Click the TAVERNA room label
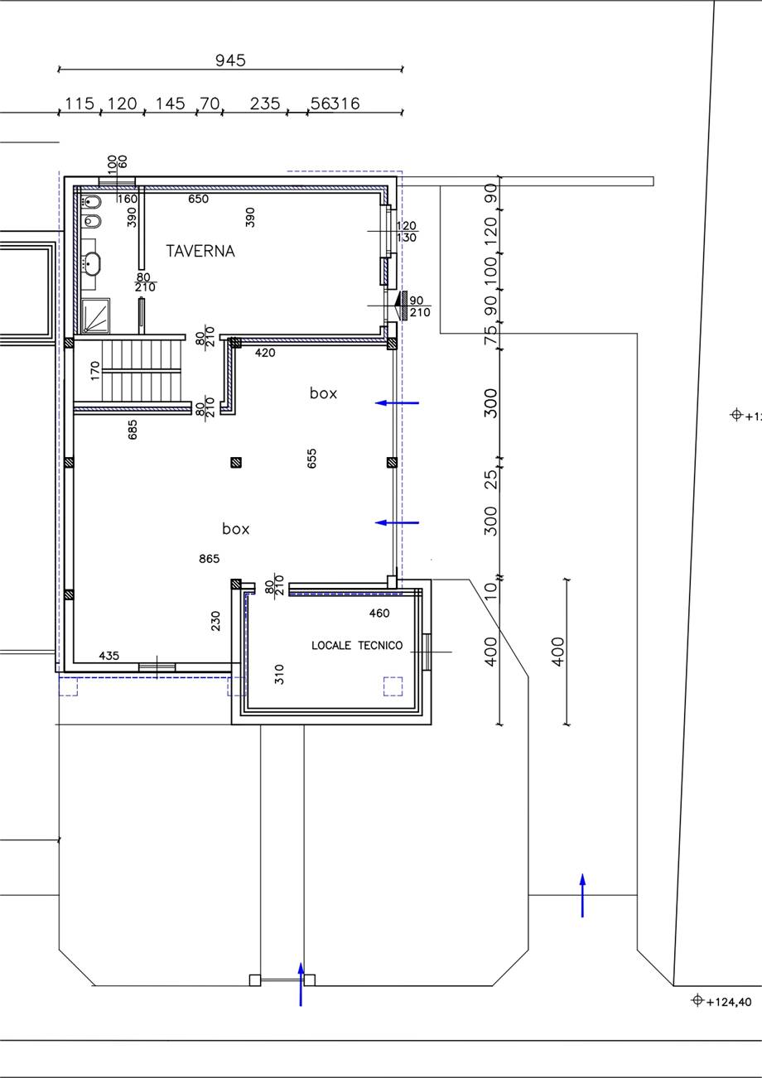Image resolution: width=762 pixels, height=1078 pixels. pos(200,251)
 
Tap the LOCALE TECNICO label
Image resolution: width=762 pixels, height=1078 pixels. pos(357,645)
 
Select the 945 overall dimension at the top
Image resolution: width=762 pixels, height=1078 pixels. pos(230,60)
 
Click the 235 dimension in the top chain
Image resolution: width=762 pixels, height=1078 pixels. pos(265,103)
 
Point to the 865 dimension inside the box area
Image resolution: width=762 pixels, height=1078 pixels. pos(209,559)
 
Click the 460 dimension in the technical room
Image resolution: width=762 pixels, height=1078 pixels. pos(379,614)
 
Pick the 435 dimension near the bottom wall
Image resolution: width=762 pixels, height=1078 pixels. pos(109,656)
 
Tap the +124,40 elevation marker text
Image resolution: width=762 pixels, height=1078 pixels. pos(728,1002)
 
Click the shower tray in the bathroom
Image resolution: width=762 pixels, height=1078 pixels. pos(95,315)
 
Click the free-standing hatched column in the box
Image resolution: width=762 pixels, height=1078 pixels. pos(236,463)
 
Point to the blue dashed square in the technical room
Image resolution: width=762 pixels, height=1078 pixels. pos(393,686)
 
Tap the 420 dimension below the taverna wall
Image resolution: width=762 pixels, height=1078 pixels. pos(265,353)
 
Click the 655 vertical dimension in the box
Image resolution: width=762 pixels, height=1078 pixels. pos(311,458)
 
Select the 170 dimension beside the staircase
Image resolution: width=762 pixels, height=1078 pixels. pos(94,371)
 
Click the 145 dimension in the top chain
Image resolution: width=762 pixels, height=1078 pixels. pos(170,103)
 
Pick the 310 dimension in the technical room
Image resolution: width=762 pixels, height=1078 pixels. pos(279,674)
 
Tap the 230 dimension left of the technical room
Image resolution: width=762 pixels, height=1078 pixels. pos(215,621)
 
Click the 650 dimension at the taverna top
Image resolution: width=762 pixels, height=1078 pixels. pos(198,199)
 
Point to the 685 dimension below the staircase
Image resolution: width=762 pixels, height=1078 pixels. pos(133,430)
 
